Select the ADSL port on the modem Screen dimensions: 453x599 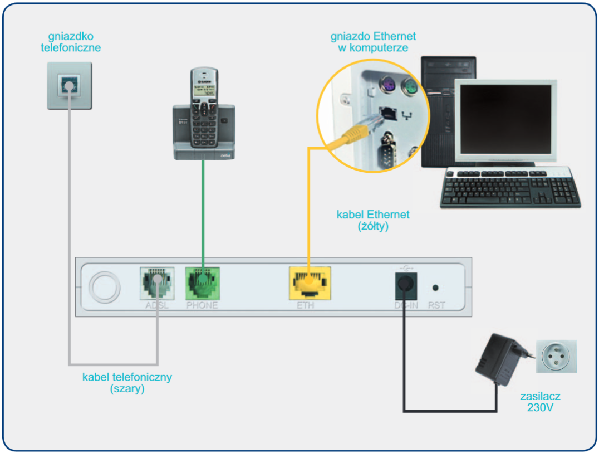[x=156, y=284]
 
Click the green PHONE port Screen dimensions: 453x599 [x=202, y=284]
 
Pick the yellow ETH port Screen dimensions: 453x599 [x=310, y=284]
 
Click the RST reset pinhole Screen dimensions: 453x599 [x=435, y=288]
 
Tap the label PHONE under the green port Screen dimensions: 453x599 [x=202, y=305]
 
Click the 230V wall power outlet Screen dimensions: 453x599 [x=556, y=357]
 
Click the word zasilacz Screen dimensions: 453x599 [x=540, y=397]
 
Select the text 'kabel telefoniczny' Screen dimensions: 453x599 [x=127, y=377]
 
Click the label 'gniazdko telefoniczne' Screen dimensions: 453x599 [x=71, y=42]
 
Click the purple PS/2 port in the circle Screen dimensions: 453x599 [x=388, y=86]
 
